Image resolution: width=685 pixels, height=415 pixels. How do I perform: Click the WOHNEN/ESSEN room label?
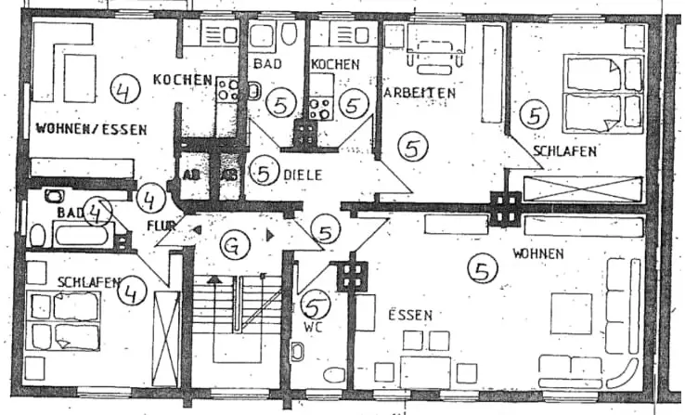[90, 130]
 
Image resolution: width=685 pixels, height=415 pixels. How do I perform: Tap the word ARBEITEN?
[419, 93]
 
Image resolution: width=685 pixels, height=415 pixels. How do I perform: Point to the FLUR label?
[160, 224]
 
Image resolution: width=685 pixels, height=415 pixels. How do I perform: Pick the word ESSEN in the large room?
[409, 315]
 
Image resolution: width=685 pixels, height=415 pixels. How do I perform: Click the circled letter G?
[237, 247]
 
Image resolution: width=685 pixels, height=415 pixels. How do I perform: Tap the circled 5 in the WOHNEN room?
[481, 270]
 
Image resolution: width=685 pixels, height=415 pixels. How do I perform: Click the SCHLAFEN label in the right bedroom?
[564, 150]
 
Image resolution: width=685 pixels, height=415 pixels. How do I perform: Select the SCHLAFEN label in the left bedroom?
[84, 280]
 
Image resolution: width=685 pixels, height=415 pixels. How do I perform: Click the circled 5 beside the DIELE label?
[265, 172]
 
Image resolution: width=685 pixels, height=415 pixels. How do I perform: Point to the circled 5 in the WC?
[317, 303]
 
